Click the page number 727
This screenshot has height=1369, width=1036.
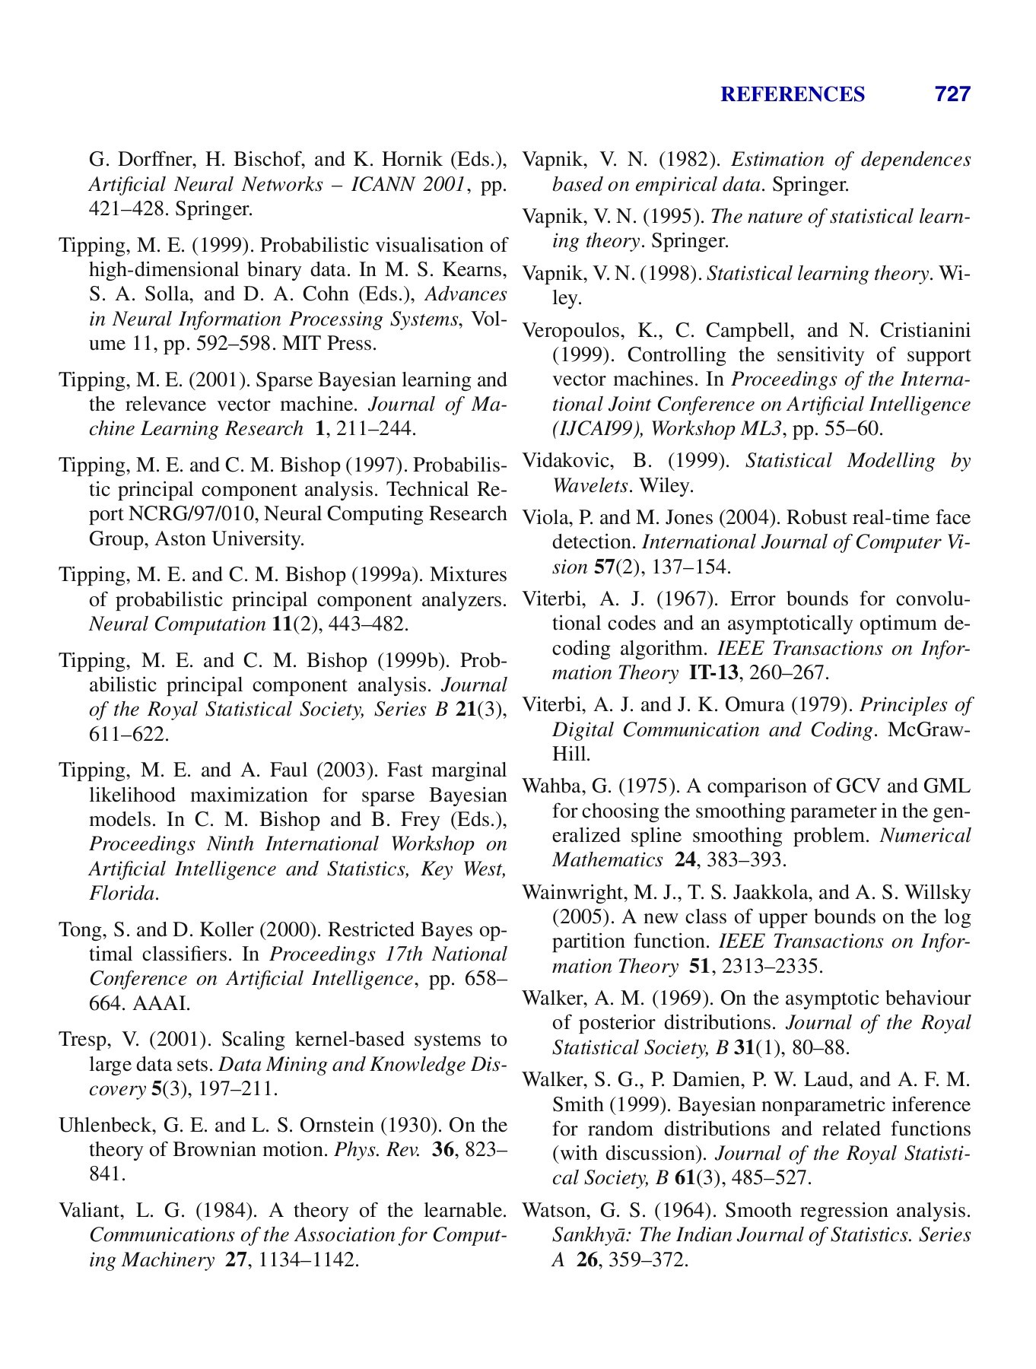tap(952, 94)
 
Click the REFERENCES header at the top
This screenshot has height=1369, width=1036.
tap(792, 94)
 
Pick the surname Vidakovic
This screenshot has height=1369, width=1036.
tap(559, 461)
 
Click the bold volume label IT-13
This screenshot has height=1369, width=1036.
tap(713, 673)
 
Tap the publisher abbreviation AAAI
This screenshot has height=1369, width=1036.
tap(160, 1003)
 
